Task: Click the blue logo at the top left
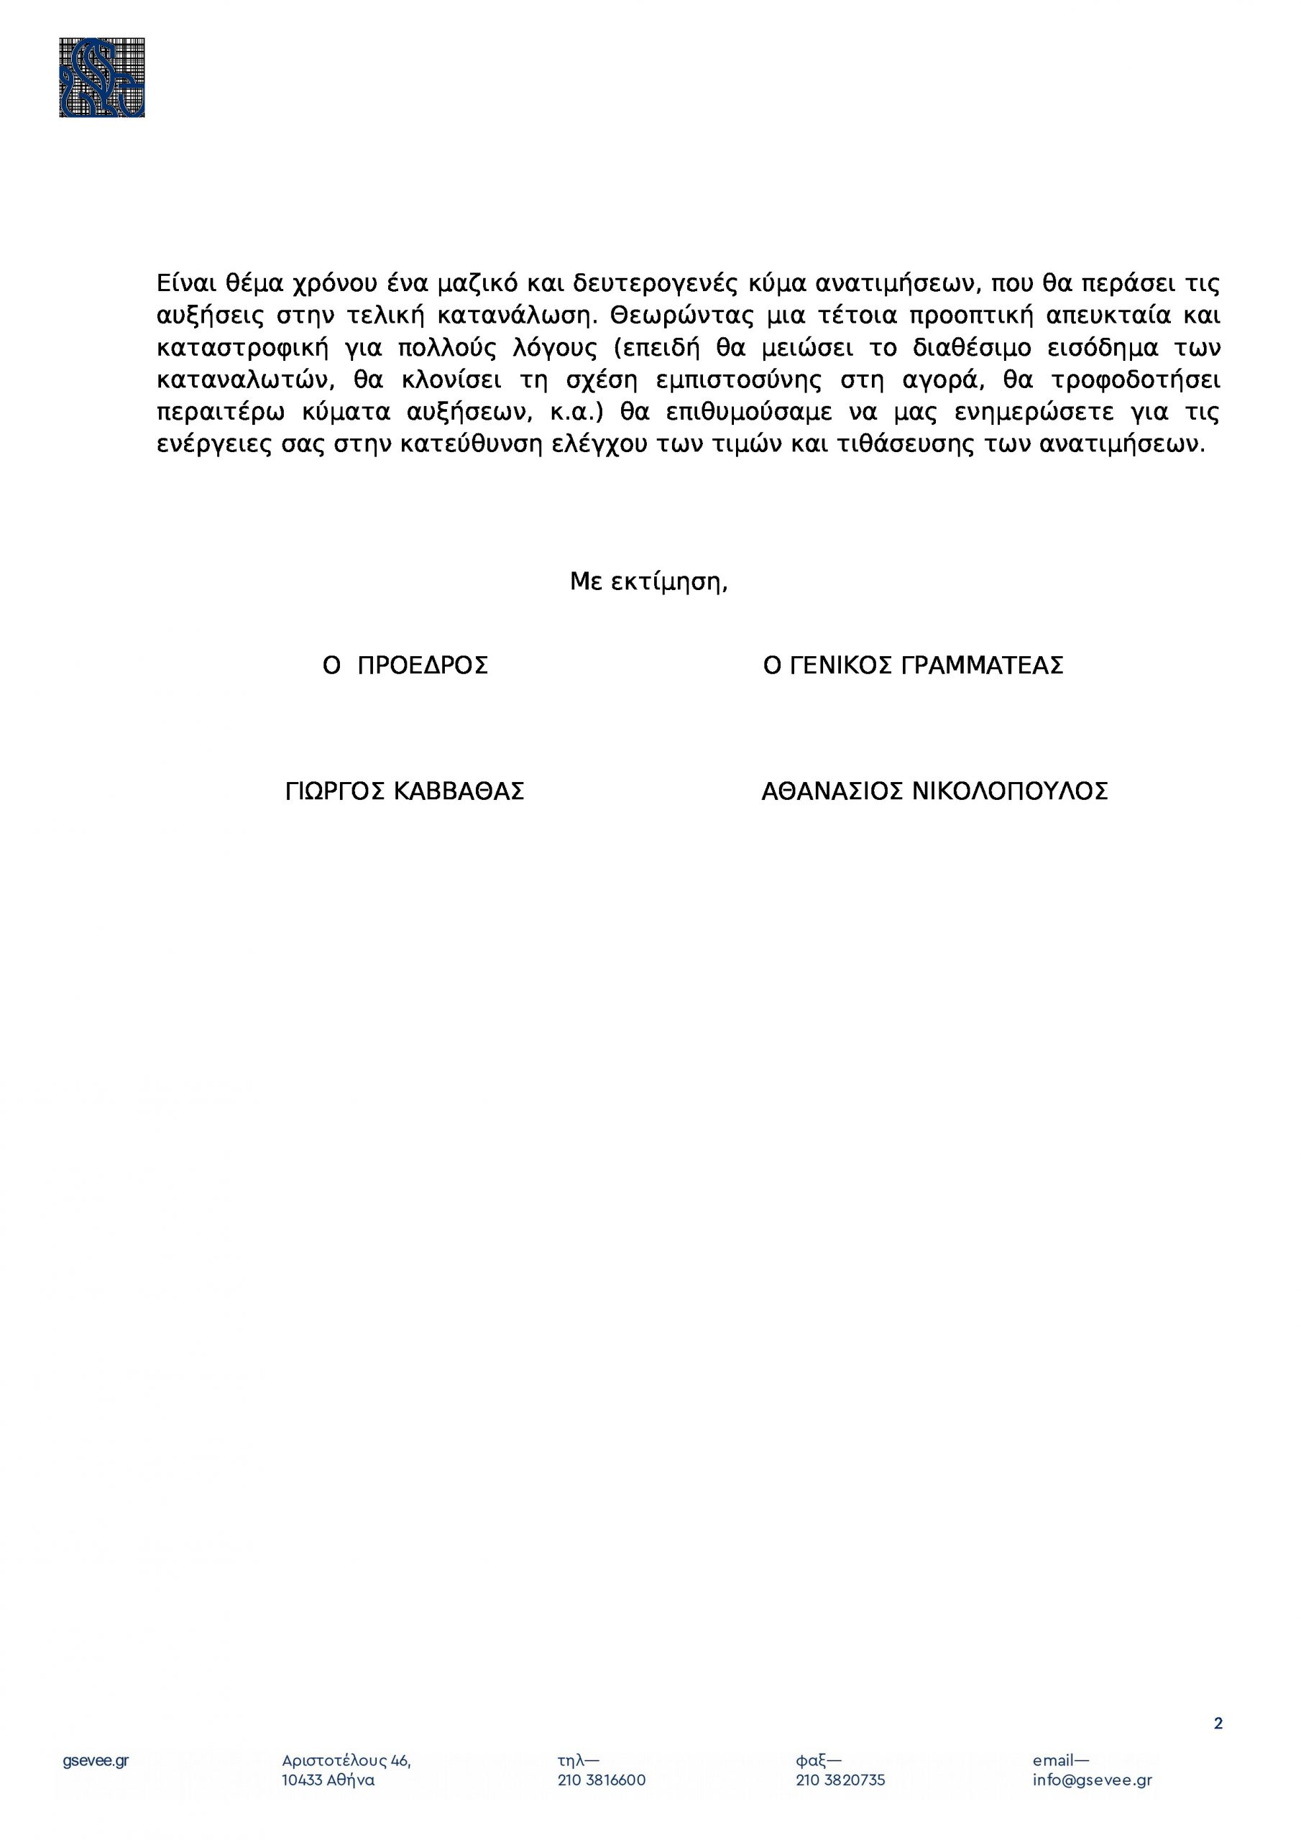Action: [102, 78]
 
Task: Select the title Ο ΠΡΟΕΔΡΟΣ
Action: [405, 666]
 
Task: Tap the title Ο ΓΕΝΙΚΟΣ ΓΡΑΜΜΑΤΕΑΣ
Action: [913, 666]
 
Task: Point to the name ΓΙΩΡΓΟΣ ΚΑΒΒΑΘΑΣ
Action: [405, 792]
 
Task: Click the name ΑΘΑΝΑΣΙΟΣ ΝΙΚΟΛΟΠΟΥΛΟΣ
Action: [934, 792]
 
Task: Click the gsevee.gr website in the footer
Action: [96, 1762]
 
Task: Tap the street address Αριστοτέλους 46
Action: [346, 1762]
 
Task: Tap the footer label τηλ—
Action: [578, 1762]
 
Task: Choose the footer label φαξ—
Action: [819, 1762]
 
